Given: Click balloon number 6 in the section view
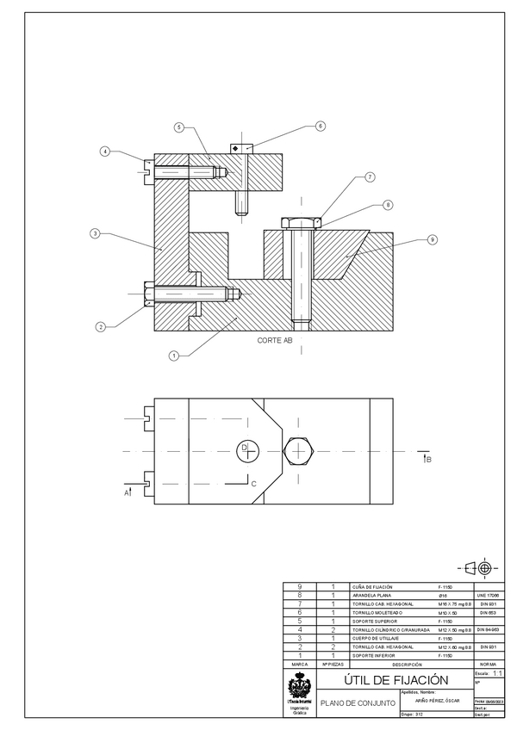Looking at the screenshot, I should pos(320,126).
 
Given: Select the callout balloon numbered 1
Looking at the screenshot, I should pos(174,356).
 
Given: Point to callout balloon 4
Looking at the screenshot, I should pos(105,152).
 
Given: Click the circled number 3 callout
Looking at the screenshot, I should pos(96,233).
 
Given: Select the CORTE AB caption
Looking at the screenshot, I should pos(275,341).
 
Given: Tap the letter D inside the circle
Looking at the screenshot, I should pos(244,448).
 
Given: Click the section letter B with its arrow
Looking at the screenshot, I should pos(427,461).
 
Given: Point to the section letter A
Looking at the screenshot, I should pos(127,492).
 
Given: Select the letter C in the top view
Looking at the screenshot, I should pos(253,484).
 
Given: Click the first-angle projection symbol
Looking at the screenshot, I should pos(479,568).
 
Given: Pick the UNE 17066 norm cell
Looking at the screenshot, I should pos(487,595).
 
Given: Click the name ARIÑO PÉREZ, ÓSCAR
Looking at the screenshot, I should pos(438,700).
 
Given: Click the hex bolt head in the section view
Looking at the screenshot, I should pos(301,223).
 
